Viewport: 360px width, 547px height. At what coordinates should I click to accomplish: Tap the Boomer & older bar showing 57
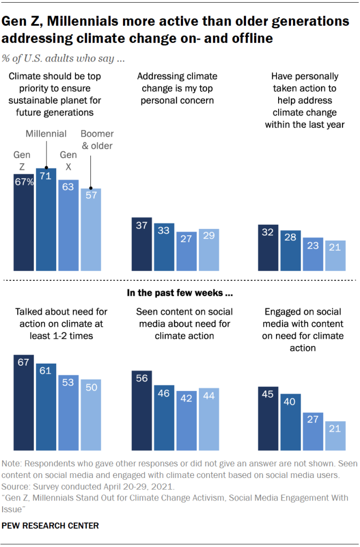click(91, 229)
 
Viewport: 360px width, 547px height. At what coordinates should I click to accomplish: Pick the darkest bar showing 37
click(142, 244)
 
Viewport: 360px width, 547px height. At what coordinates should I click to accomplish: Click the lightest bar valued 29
click(209, 249)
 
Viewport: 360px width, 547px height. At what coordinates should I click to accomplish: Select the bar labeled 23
click(312, 253)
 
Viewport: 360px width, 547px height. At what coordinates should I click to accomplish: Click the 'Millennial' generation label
click(46, 134)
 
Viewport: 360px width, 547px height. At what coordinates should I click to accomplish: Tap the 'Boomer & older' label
click(97, 140)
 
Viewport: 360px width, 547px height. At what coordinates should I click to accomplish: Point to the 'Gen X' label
click(68, 160)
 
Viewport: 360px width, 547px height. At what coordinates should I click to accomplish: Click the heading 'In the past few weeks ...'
click(180, 293)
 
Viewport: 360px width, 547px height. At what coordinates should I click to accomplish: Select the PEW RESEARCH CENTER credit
click(51, 526)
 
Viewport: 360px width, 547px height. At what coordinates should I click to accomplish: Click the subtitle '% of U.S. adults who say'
click(64, 58)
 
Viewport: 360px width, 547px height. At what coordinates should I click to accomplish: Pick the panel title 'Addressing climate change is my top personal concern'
click(177, 88)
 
